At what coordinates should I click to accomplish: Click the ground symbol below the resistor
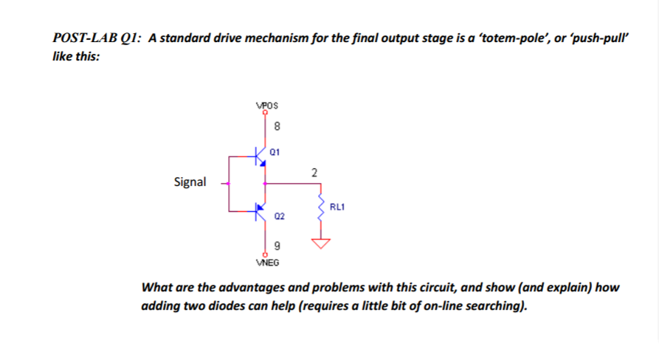322,244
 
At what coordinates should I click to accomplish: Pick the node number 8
277,126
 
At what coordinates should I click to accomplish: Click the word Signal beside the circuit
190,181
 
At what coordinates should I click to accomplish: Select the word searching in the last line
495,305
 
